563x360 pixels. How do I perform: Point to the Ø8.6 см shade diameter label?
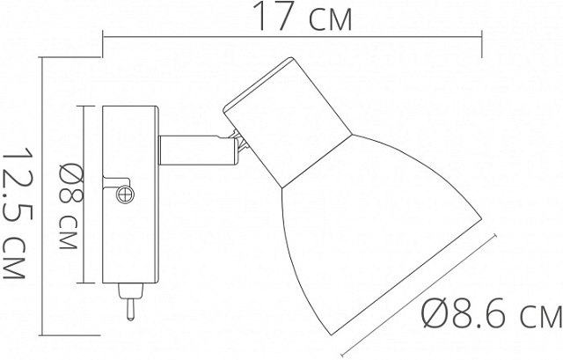click(491, 313)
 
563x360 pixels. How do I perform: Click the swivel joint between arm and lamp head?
click(234, 144)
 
